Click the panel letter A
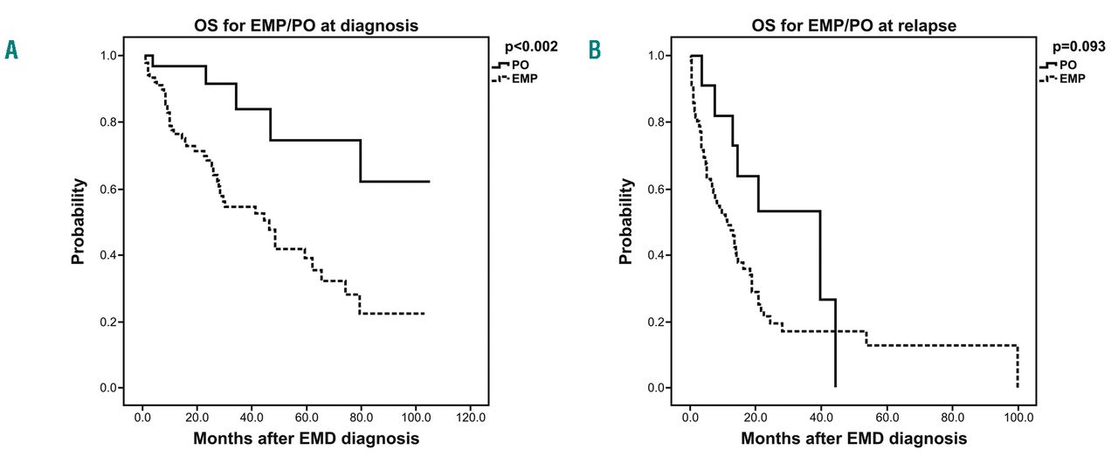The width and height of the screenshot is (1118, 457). (x=11, y=50)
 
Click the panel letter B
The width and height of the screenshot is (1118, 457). (x=595, y=50)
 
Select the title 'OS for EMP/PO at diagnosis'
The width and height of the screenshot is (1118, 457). (x=306, y=25)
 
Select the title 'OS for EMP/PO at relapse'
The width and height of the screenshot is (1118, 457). (x=852, y=25)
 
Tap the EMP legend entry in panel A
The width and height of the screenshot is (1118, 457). (x=522, y=79)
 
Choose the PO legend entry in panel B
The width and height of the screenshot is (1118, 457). (x=1067, y=65)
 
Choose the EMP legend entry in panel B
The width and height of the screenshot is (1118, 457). (x=1070, y=79)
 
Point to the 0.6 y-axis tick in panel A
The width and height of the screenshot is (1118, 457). (x=114, y=190)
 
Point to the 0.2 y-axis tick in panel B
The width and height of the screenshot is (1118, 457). (x=660, y=322)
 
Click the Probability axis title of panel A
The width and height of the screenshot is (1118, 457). (x=79, y=222)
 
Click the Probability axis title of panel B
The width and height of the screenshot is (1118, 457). (x=626, y=222)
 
